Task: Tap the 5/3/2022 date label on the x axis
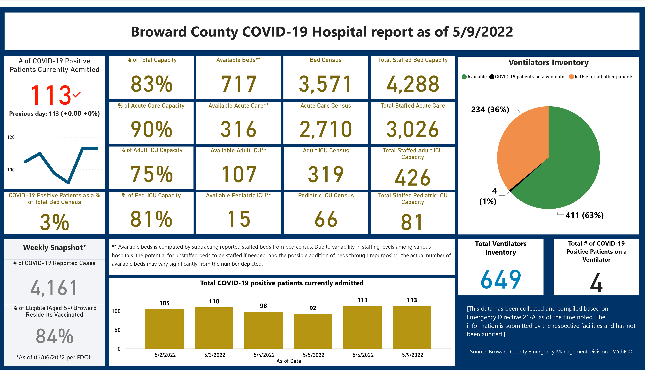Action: click(x=215, y=355)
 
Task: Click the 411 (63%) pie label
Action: click(x=584, y=215)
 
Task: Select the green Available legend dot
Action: click(x=464, y=77)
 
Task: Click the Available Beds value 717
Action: click(x=238, y=84)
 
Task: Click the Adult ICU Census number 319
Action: click(x=326, y=174)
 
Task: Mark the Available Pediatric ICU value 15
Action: click(x=238, y=219)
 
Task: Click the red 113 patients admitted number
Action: click(x=51, y=95)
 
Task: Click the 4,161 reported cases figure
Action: click(x=54, y=288)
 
